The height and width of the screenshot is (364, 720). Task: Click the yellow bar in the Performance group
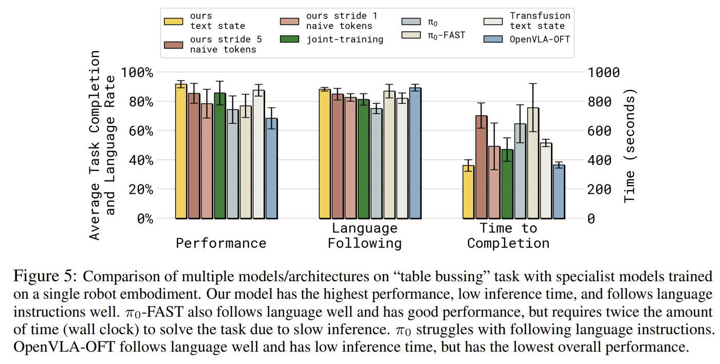pos(181,152)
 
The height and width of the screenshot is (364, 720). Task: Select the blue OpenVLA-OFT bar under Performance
pos(272,169)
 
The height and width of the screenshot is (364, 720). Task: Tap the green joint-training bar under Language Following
pos(363,159)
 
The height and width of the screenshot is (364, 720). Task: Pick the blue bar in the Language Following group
pos(415,153)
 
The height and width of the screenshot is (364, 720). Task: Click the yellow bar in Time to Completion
pos(468,192)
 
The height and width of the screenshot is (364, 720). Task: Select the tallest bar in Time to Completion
pos(533,163)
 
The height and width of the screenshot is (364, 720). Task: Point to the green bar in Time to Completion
pos(507,184)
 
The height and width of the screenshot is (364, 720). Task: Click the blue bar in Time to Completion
pos(559,192)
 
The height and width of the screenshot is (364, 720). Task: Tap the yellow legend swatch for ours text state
pos(174,21)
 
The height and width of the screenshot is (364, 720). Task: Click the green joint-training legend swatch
pos(290,39)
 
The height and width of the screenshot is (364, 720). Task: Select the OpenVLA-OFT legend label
pos(540,39)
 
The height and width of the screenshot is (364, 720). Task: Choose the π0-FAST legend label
pos(447,35)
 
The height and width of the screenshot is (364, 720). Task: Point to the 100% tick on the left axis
pos(137,72)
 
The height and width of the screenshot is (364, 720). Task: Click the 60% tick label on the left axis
pos(141,131)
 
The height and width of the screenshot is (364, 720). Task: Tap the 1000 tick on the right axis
pos(604,72)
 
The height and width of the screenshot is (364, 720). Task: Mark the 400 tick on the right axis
pos(599,160)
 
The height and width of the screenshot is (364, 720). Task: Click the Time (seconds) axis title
pos(630,145)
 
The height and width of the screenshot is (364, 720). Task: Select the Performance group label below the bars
pos(221,243)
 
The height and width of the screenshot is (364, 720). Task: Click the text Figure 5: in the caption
pos(45,277)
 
